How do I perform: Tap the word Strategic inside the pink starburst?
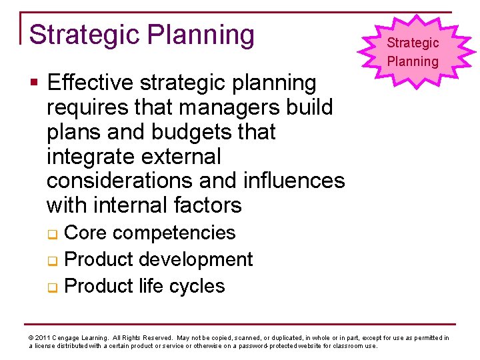click(413, 43)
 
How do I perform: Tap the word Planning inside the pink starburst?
click(413, 61)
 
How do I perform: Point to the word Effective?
click(89, 83)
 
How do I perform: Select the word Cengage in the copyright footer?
click(68, 338)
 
